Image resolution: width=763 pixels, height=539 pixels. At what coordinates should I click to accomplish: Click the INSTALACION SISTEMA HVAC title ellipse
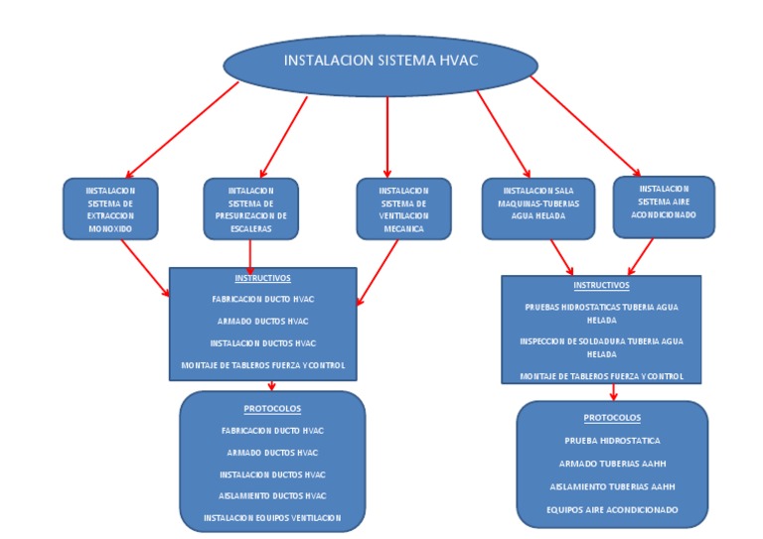381,62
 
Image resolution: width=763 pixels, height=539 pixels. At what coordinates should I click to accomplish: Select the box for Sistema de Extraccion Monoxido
109,209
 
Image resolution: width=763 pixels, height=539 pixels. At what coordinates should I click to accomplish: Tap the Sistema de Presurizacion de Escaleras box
250,209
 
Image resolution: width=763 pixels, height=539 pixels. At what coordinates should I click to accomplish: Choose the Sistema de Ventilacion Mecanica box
403,209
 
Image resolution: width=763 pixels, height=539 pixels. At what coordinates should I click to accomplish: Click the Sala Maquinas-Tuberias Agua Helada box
537,209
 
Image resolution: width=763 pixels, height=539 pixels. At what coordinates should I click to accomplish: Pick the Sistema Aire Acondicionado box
664,207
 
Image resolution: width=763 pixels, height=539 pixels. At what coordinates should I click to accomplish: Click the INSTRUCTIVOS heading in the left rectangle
263,278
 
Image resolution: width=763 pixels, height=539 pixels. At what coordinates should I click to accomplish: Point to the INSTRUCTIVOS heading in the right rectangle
601,285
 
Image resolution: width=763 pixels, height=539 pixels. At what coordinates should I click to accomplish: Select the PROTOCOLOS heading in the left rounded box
272,408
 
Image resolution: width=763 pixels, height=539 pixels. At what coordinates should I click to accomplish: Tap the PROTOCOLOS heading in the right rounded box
612,418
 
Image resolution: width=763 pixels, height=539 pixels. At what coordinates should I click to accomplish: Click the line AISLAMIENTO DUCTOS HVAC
272,495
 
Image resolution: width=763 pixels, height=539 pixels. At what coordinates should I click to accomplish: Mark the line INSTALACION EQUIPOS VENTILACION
272,517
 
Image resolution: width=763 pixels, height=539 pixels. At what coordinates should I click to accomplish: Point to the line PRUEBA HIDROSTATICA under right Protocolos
612,440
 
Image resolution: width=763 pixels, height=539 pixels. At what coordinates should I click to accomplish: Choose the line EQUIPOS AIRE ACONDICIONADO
612,509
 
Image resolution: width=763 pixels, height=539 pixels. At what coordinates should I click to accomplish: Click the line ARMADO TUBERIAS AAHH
612,463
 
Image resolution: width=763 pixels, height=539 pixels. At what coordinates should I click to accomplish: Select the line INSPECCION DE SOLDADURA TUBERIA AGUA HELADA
601,346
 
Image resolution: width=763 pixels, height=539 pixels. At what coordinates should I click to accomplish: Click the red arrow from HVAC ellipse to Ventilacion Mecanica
387,134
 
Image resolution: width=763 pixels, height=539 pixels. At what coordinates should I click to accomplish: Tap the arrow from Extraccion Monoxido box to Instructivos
144,268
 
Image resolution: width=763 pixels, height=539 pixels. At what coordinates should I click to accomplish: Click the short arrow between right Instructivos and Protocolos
614,392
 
